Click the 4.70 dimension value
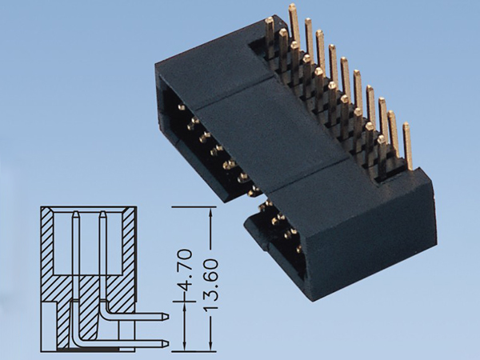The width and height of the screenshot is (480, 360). pos(186,274)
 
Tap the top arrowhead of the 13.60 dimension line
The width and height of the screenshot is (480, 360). pos(210,210)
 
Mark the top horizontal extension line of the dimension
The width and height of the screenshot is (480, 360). pos(192,206)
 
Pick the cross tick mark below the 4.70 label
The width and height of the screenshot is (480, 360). pos(186,302)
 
